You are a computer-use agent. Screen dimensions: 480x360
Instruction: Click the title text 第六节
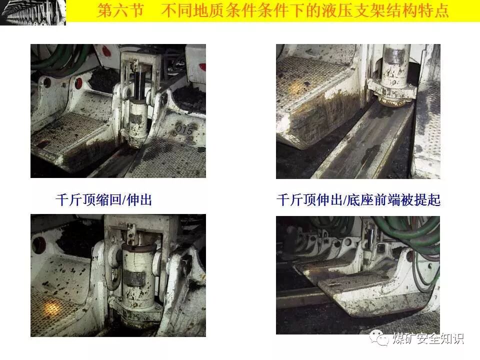pos(120,10)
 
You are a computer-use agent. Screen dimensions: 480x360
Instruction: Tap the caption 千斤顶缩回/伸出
pos(104,200)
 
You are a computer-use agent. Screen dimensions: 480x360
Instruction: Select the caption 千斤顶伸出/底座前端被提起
pos(358,200)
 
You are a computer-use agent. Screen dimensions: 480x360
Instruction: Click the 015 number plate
pos(184,129)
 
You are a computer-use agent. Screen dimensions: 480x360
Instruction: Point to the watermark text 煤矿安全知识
pos(428,338)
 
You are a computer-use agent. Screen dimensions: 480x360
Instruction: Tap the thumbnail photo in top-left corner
pos(33,12)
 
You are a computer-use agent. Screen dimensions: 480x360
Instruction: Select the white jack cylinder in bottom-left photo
pos(138,275)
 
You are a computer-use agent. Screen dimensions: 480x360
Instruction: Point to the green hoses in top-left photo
pos(58,59)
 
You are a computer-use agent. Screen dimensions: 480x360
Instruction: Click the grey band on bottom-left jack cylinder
pos(138,279)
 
